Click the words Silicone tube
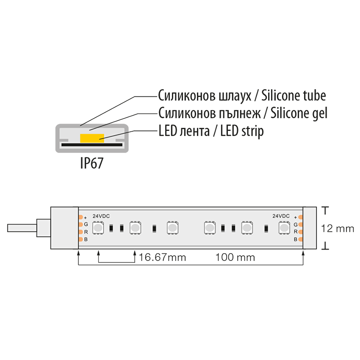click(x=294, y=96)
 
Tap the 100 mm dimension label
click(x=235, y=258)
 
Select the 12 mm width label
click(x=337, y=229)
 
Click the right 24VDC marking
click(x=281, y=216)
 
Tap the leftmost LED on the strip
click(x=98, y=228)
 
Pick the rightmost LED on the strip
click(x=284, y=228)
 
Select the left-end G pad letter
click(x=86, y=224)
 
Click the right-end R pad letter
click(x=296, y=232)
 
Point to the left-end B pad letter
click(x=86, y=240)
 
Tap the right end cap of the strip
click(x=310, y=228)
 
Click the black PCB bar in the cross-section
click(x=92, y=144)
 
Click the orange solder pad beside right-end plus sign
click(x=301, y=217)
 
